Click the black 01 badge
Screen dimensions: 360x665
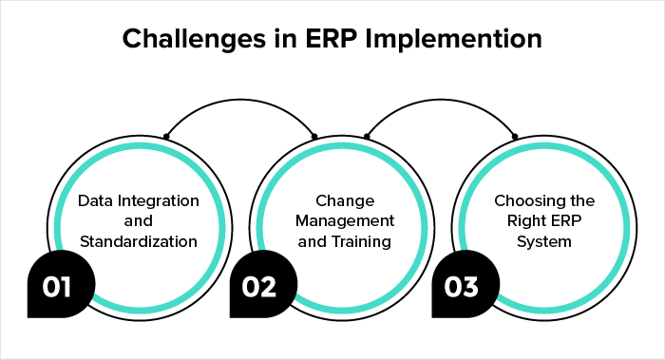coord(56,286)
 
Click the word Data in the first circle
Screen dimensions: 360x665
coord(94,201)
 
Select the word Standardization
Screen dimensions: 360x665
coord(138,241)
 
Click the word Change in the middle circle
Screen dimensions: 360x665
coord(332,201)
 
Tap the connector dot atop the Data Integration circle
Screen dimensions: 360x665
coord(166,137)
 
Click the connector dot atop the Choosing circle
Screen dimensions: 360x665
coord(515,137)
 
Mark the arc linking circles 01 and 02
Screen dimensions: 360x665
coord(241,98)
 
